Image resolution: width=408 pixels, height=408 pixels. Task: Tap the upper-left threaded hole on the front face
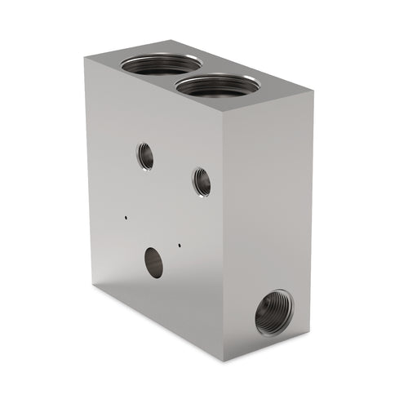coord(145,155)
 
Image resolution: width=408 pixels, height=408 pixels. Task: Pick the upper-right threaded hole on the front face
coord(202,181)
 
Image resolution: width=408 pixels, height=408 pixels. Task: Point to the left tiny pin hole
coord(126,218)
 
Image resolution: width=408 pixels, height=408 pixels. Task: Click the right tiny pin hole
coord(179,242)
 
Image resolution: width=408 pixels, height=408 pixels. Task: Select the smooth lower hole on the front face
coord(153,262)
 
